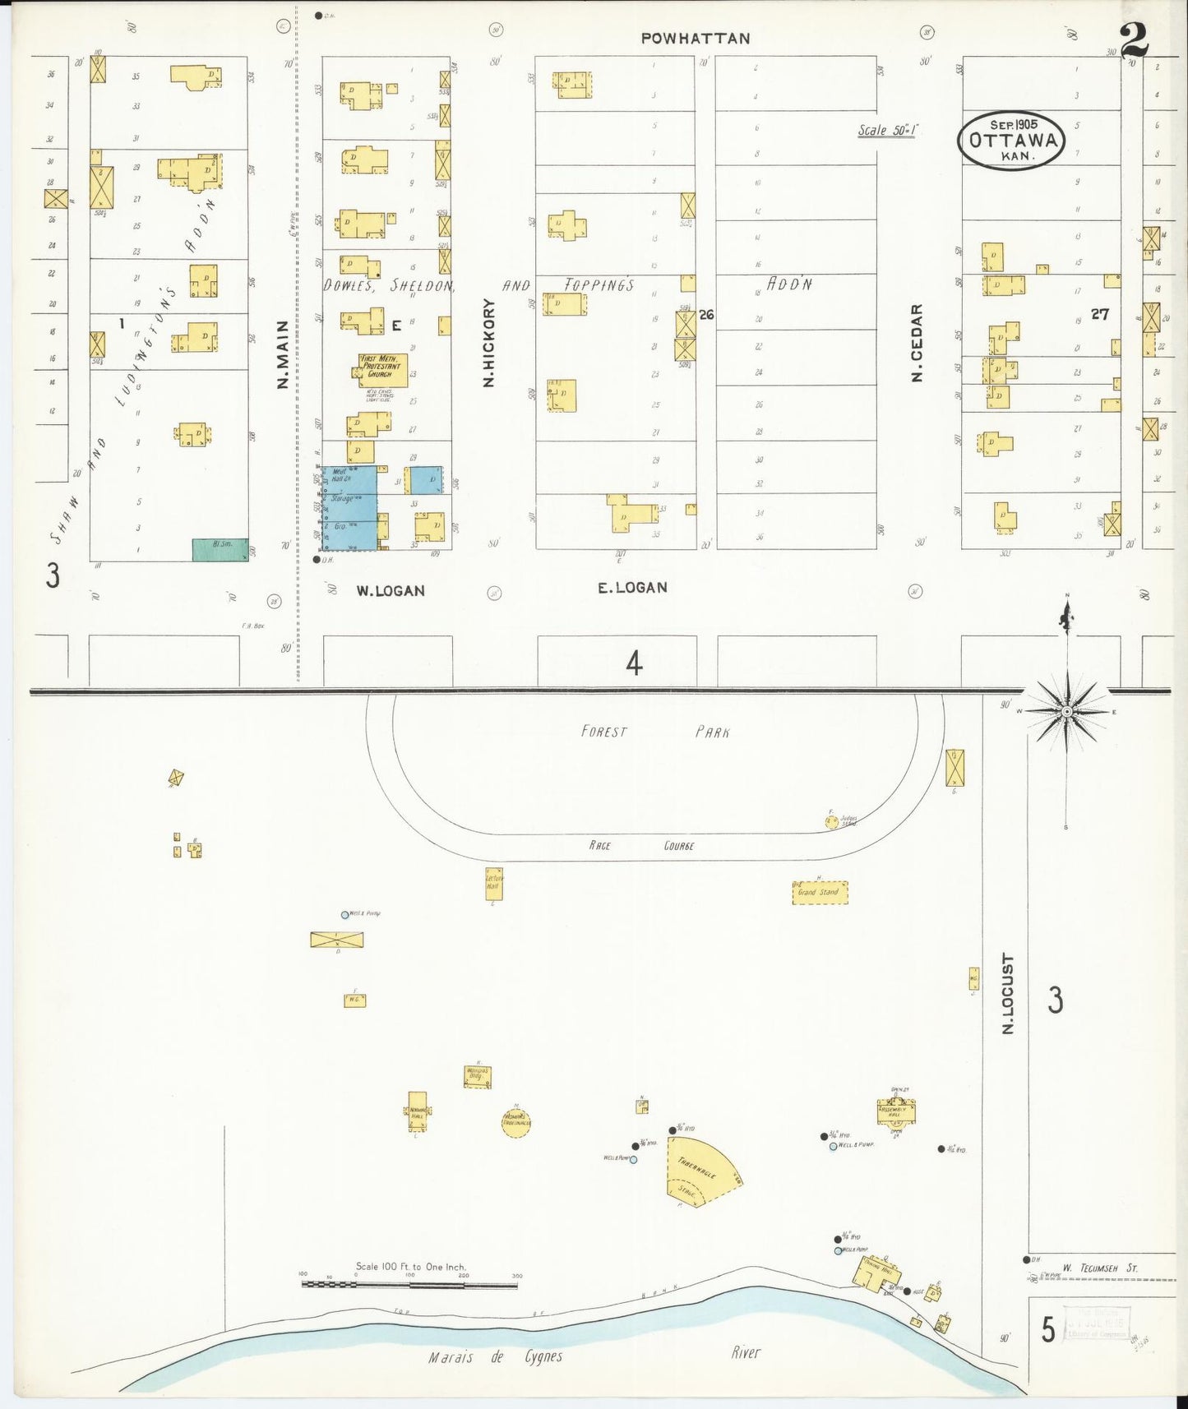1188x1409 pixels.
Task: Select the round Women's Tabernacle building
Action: (x=515, y=1121)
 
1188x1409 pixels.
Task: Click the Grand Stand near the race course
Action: (x=819, y=892)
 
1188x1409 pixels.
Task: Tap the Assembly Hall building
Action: (x=896, y=1111)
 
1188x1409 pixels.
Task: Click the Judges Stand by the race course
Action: (x=832, y=820)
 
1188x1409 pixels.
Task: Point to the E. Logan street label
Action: (x=631, y=587)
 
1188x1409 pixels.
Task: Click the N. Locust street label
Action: (x=1008, y=993)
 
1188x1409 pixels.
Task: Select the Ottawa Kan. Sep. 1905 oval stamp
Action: (x=1012, y=140)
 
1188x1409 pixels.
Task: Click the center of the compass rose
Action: (x=1066, y=711)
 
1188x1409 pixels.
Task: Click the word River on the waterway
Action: (x=746, y=1352)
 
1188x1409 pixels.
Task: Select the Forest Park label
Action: (x=654, y=732)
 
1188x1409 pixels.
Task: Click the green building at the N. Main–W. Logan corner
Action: (x=220, y=550)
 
